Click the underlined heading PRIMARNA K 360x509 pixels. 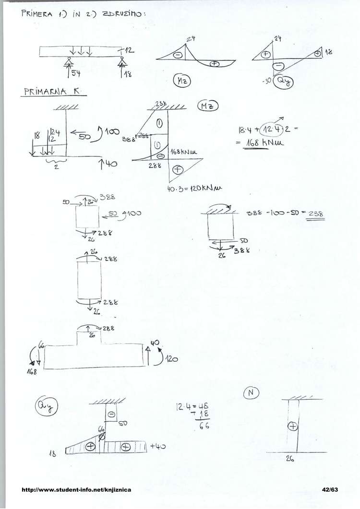tap(53, 91)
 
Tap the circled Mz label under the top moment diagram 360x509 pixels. tap(183, 82)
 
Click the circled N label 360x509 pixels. tap(251, 393)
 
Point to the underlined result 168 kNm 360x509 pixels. tap(264, 143)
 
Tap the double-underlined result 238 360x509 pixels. tap(315, 214)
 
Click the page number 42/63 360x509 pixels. tap(330, 490)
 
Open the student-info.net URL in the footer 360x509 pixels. tap(77, 490)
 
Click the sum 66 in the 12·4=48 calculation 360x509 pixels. tap(204, 426)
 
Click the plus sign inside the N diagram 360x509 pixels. tap(292, 426)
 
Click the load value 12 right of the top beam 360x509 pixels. tap(129, 51)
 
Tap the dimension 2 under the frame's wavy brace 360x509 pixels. tap(57, 167)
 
